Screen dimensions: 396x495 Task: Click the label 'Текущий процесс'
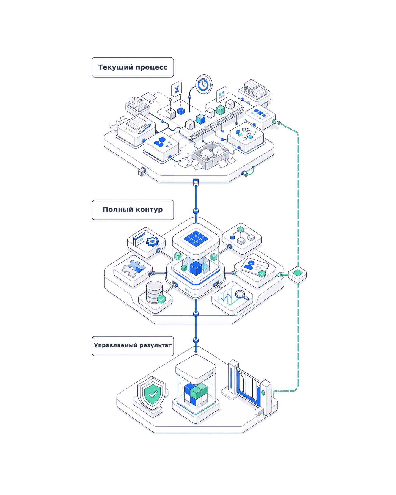[133, 67]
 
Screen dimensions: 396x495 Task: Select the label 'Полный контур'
[133, 210]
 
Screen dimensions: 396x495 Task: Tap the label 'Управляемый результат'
[133, 345]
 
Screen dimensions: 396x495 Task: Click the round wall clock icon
[204, 84]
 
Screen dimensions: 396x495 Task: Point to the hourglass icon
[176, 89]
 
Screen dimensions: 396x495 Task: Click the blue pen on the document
[145, 128]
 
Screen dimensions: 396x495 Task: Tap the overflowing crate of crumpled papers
[210, 155]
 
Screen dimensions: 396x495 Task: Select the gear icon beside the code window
[152, 241]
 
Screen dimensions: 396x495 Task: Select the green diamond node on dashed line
[297, 274]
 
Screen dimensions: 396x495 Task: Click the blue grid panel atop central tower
[196, 238]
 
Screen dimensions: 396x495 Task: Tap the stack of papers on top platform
[254, 88]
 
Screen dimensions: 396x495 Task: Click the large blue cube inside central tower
[196, 268]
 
